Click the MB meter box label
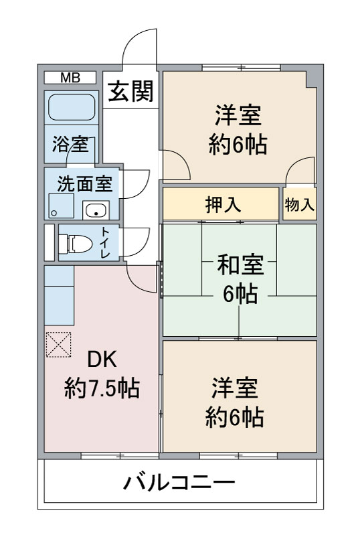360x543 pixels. pos(70,78)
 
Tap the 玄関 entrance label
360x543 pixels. pos(130,91)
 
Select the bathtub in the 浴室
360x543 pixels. pos(72,107)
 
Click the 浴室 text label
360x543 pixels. pos(70,145)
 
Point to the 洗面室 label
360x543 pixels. pos(84,184)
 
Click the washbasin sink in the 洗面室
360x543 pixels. pos(96,210)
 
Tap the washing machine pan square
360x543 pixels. pos(62,206)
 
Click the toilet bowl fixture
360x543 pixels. pos(76,244)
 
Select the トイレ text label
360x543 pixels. pos(105,242)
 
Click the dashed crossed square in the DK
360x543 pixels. pos(58,345)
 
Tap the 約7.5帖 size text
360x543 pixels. pos(102,388)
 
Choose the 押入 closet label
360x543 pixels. pos(223,204)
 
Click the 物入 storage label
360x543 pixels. pos(300,205)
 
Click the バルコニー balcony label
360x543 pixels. pos(179,483)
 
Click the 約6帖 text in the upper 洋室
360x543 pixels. pos(238,145)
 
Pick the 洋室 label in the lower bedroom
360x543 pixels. pos(235,388)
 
